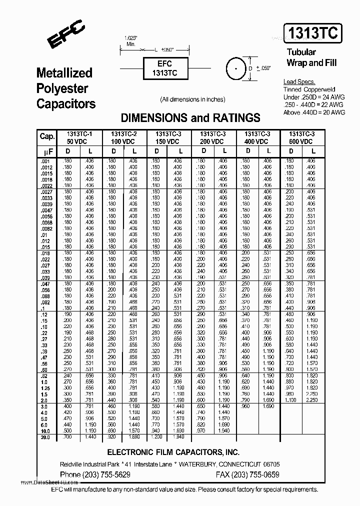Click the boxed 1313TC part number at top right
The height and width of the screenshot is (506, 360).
313,34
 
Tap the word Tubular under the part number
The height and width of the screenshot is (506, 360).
301,52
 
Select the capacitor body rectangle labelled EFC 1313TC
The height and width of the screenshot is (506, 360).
164,68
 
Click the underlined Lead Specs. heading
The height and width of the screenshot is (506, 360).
299,82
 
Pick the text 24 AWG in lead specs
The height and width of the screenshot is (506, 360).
332,97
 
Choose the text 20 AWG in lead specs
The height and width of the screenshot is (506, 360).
333,112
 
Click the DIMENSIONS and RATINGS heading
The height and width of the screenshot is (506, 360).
190,118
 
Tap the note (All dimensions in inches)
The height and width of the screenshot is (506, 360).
192,99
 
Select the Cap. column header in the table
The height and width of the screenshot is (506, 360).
47,137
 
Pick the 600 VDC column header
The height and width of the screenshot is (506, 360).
302,141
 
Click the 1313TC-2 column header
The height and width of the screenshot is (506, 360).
124,134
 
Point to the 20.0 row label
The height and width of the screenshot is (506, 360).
45,437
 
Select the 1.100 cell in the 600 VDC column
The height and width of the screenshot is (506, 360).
290,401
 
